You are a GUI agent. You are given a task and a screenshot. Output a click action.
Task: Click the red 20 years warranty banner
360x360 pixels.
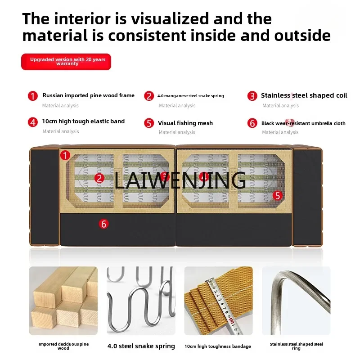click(x=66, y=62)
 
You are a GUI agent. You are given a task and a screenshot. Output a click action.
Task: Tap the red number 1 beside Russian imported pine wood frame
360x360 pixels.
click(x=33, y=96)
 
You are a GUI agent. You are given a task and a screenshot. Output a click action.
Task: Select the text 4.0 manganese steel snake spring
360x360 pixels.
click(x=190, y=96)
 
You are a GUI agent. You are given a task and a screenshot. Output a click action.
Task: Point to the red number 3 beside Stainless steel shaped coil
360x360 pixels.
click(x=252, y=96)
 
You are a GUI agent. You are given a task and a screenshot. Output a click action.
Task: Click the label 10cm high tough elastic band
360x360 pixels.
click(x=83, y=121)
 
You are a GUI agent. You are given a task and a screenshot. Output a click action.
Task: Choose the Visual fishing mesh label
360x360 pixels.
click(x=185, y=123)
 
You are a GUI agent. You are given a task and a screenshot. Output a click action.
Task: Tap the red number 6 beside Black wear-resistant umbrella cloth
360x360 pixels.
click(x=252, y=123)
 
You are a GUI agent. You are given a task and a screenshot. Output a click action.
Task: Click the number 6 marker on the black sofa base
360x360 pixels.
click(x=104, y=224)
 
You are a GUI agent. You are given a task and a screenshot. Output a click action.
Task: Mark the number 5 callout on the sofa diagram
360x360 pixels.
click(x=278, y=195)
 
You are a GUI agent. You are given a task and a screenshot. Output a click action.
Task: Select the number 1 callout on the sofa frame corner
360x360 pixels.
click(x=66, y=156)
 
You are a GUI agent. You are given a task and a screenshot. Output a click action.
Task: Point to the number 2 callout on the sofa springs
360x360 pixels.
click(x=99, y=178)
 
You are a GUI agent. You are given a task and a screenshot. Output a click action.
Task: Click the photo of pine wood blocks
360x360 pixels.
click(x=63, y=301)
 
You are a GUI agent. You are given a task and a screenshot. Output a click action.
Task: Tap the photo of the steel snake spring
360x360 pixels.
click(x=140, y=301)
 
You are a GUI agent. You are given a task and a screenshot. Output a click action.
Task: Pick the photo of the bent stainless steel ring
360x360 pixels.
click(x=296, y=301)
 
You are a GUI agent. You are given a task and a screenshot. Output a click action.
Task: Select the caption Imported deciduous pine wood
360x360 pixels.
click(x=63, y=346)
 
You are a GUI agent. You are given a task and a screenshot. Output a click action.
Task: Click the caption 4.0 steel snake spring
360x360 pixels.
click(x=141, y=346)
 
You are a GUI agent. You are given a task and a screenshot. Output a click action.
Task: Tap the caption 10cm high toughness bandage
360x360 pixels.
click(x=218, y=346)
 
